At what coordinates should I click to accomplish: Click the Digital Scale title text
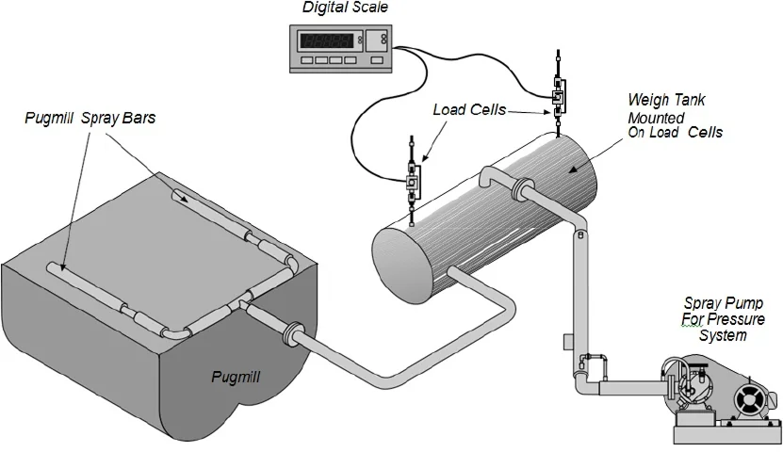345,8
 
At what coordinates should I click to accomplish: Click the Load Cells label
469,110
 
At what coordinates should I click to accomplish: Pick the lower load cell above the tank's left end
412,179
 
